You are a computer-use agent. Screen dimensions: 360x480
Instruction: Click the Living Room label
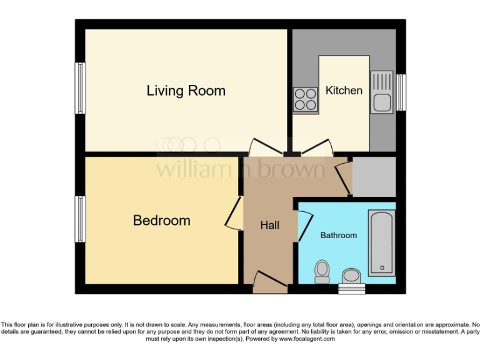point(186,91)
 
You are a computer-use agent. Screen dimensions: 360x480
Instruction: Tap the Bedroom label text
point(161,221)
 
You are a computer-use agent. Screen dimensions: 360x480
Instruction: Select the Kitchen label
point(344,91)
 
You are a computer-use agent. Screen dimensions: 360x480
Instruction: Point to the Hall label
point(270,225)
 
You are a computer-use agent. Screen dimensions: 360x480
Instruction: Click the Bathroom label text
point(339,236)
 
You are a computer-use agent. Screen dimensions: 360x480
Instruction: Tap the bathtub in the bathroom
point(381,243)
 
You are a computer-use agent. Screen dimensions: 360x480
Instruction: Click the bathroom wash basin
point(352,276)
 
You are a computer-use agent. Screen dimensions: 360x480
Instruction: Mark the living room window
point(81,88)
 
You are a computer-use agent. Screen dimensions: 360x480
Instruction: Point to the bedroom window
point(81,219)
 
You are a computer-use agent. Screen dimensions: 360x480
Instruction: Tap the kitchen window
point(401,92)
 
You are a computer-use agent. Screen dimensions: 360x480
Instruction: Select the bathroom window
point(352,289)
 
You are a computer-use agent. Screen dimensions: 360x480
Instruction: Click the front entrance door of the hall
point(271,282)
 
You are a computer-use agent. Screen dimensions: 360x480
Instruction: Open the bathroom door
point(303,226)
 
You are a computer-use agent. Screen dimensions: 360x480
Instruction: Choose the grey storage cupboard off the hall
point(374,176)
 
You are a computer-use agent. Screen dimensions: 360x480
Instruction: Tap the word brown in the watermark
point(294,169)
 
